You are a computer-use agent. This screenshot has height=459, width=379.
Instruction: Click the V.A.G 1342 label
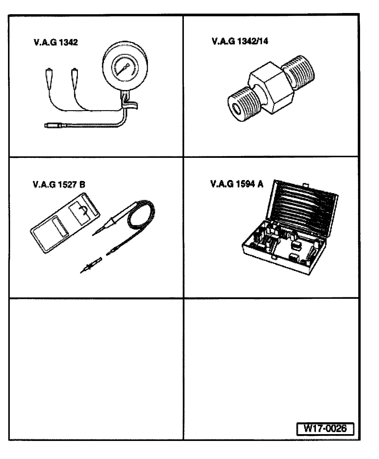(x=56, y=43)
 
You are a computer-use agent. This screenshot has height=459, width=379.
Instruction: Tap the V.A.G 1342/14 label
(x=240, y=41)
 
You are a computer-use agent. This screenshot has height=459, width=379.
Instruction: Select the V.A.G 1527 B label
(x=59, y=185)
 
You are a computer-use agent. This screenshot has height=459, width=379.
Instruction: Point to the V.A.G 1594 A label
(x=237, y=184)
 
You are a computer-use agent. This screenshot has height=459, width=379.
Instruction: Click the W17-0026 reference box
(x=325, y=428)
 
